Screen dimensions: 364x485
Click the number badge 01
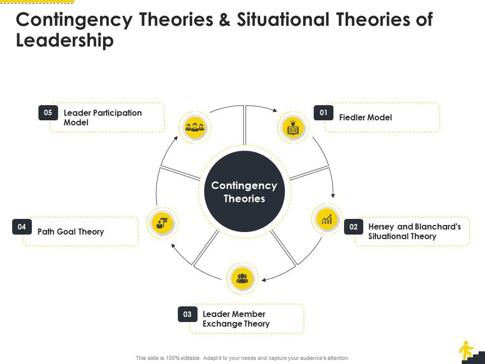pos(323,113)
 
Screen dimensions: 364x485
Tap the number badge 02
pos(354,227)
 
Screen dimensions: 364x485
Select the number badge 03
pos(187,314)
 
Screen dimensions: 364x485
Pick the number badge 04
pos(22,227)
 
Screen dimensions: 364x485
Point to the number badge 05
pos(48,113)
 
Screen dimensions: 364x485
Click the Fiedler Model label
pos(365,117)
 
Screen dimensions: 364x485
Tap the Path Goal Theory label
pos(71,232)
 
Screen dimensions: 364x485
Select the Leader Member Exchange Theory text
pos(236,319)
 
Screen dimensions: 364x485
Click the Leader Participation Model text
pos(103,117)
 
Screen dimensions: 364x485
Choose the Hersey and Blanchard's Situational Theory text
pos(414,232)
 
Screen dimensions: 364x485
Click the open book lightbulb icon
pos(293,127)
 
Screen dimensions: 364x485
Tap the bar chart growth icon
pos(326,219)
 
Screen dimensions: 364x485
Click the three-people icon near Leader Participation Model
pos(195,126)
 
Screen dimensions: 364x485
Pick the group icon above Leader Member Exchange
pos(243,278)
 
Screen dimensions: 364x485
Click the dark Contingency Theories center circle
pos(245,192)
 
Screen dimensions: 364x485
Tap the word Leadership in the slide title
pos(65,40)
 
